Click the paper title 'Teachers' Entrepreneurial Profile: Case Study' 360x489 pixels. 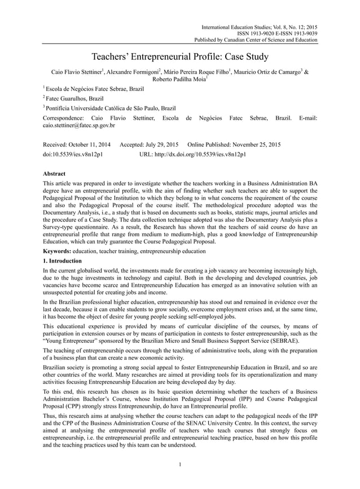coord(180,56)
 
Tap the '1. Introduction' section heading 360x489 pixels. coord(63,261)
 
